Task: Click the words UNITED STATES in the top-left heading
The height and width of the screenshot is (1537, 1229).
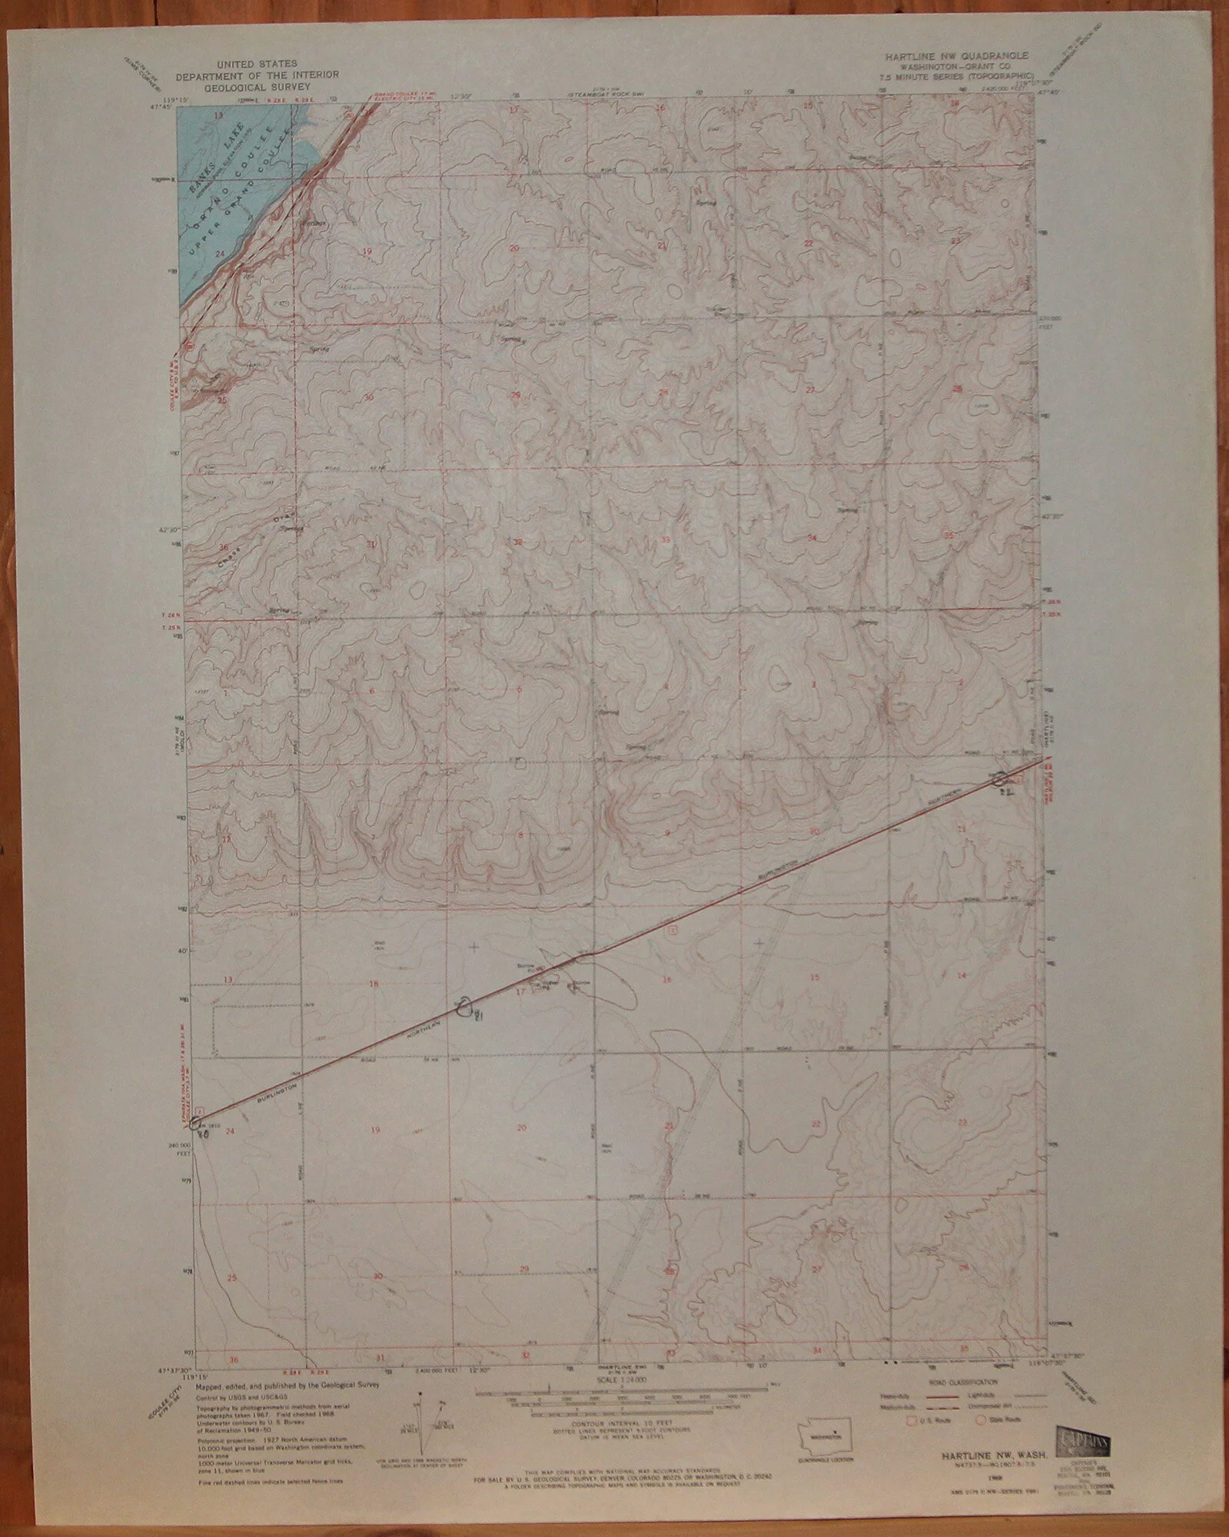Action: click(236, 67)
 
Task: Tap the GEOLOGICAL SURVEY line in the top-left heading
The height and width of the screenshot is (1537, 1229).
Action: click(236, 87)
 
